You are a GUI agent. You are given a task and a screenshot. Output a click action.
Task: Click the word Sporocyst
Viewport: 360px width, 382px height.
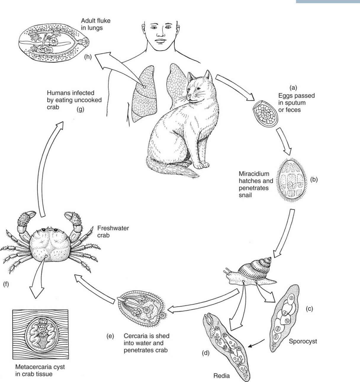point(303,341)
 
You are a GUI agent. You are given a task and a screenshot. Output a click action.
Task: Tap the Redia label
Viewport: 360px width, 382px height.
point(221,376)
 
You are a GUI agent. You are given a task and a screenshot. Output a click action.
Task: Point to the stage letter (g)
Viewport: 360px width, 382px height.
point(80,108)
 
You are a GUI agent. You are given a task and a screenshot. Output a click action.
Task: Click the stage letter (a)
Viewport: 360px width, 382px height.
point(293,88)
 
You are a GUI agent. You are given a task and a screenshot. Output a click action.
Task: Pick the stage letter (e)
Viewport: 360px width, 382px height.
point(110,337)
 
